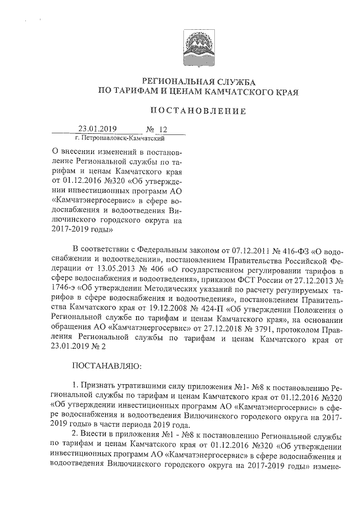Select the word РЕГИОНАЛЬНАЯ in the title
[x=178, y=82]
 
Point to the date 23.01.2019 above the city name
[x=97, y=129]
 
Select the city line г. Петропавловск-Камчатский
[x=119, y=137]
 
